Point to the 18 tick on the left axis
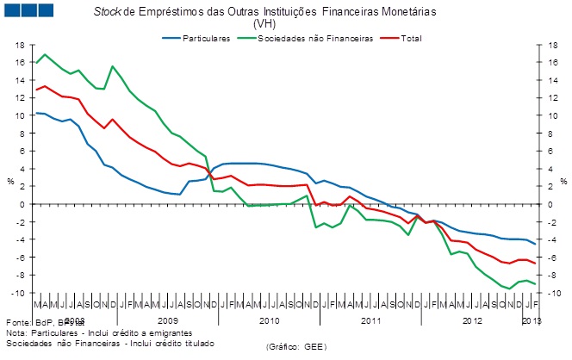[x=16, y=45]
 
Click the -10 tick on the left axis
[x=15, y=293]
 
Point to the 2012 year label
[x=472, y=320]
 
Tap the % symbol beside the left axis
[x=10, y=182]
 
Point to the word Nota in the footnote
[x=16, y=332]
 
